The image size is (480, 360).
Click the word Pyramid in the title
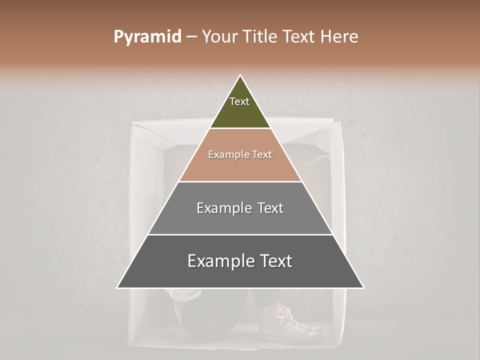pos(147,37)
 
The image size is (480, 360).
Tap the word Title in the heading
pos(259,36)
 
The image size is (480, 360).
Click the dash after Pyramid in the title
pos(191,37)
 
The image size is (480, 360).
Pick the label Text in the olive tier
pos(239,101)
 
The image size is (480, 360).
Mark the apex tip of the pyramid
pos(240,76)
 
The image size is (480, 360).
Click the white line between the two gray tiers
pos(240,234)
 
